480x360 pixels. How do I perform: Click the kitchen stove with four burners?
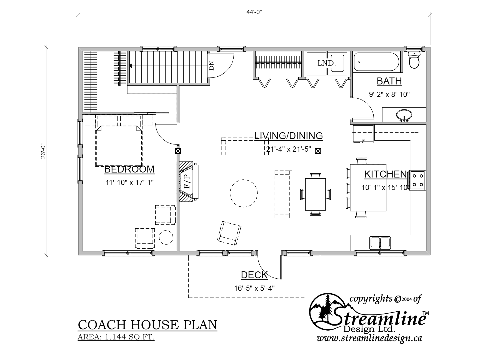pyautogui.click(x=417, y=180)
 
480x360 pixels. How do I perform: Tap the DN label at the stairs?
pyautogui.click(x=212, y=67)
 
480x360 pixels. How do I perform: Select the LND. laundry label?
pyautogui.click(x=327, y=63)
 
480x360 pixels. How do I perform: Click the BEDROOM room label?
pyautogui.click(x=129, y=169)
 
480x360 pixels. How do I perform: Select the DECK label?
pyautogui.click(x=254, y=275)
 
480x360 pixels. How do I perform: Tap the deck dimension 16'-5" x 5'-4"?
pyautogui.click(x=254, y=288)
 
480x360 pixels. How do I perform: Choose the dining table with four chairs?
pyautogui.click(x=316, y=194)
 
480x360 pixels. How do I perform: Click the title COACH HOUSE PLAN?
pyautogui.click(x=147, y=325)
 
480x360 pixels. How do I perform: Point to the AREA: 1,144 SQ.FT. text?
pyautogui.click(x=116, y=337)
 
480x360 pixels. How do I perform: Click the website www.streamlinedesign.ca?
pyautogui.click(x=369, y=339)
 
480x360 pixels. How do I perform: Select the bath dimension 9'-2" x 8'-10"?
pyautogui.click(x=389, y=94)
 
